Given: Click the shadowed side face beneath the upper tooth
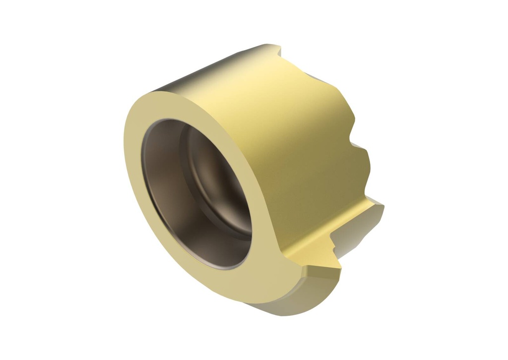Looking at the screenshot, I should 357,233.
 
